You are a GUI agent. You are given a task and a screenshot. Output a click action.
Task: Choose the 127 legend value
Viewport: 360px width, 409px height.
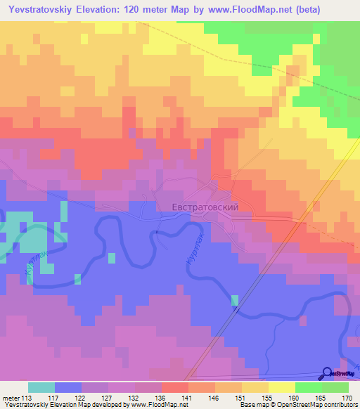click(x=106, y=398)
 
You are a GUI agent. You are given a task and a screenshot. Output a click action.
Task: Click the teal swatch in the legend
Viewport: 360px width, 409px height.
click(x=41, y=387)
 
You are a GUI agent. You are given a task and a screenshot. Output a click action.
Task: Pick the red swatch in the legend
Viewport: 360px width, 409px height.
click(x=175, y=387)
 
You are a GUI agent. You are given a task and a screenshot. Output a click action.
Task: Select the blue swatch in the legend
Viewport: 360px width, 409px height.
click(x=68, y=387)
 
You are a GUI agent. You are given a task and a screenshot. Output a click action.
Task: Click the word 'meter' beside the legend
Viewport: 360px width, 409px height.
click(x=11, y=398)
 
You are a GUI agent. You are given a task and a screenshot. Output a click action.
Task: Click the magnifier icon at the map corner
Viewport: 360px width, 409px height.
click(x=328, y=374)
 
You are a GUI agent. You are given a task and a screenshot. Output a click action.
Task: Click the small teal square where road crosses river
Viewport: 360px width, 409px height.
click(x=235, y=300)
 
